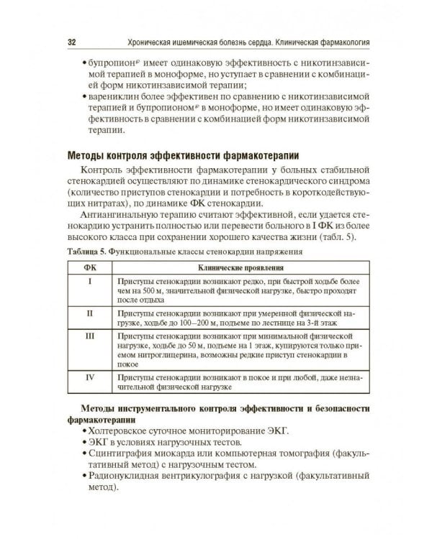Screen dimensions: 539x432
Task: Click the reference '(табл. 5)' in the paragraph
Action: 343,238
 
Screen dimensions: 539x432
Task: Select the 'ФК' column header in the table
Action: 90,268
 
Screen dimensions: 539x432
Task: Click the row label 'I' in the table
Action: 90,281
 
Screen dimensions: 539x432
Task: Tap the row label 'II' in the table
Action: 90,313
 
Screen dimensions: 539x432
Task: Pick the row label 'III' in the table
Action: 90,336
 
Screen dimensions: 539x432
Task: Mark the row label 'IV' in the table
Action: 90,377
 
